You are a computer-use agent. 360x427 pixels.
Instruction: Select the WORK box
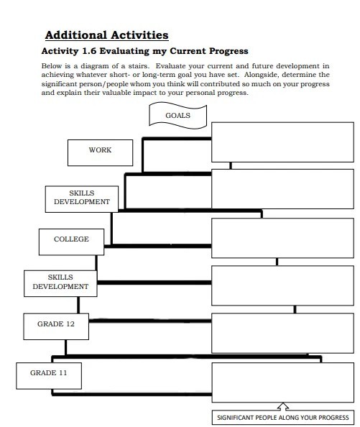point(100,150)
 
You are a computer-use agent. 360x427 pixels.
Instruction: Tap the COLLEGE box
point(71,239)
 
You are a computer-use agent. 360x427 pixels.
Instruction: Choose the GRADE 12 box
point(55,325)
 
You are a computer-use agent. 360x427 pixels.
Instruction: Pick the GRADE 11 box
point(48,374)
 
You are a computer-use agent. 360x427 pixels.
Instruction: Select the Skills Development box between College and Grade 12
point(60,281)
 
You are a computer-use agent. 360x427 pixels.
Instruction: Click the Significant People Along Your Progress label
point(283,417)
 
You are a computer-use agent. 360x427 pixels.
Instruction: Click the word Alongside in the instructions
point(266,74)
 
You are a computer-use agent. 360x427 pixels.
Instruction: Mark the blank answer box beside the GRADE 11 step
point(282,384)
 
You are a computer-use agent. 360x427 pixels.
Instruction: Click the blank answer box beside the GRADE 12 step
point(282,333)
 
